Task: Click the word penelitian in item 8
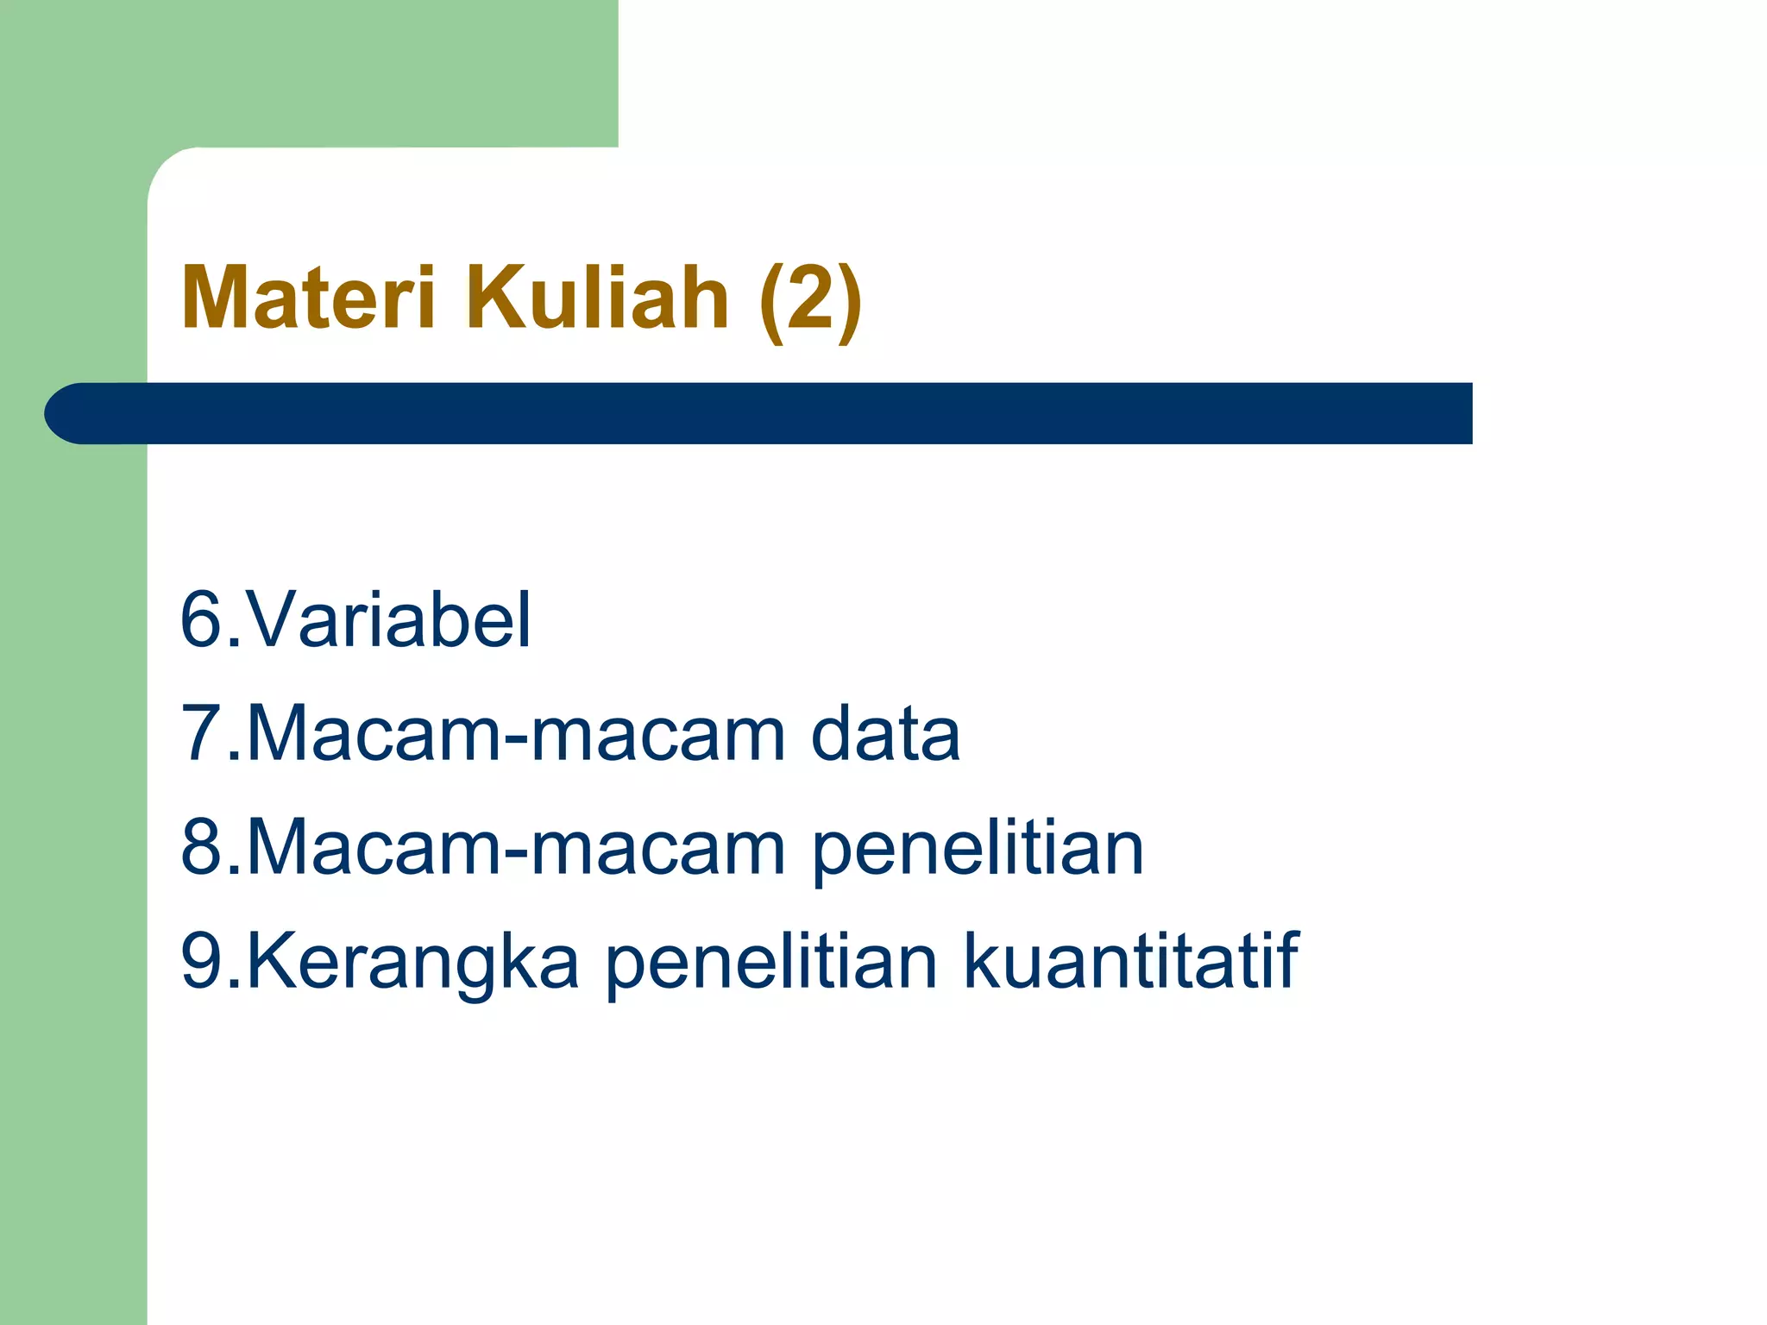tap(978, 850)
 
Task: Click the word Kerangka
tap(412, 964)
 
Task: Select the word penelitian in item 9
tap(770, 964)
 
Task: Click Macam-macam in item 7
tap(516, 733)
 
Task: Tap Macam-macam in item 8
tap(516, 847)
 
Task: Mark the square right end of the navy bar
tap(1470, 413)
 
